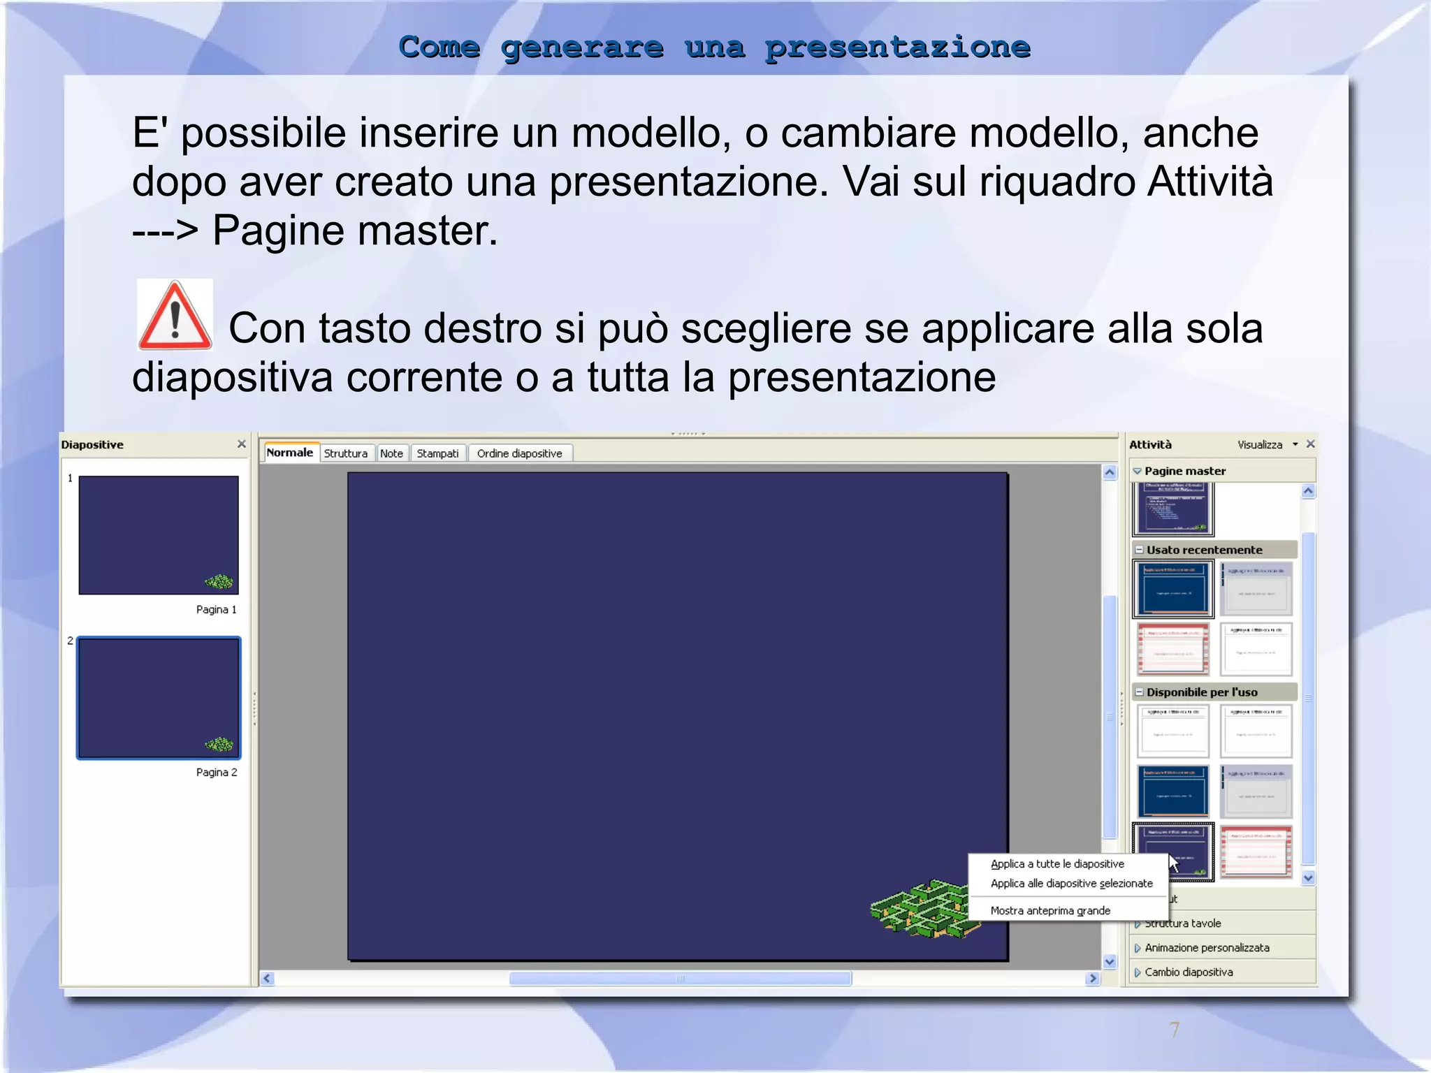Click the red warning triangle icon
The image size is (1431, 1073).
[x=175, y=316]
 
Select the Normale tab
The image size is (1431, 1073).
[x=290, y=453]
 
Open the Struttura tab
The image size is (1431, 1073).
[x=346, y=453]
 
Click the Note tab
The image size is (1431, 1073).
[x=391, y=453]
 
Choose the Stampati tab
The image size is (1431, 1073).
[x=437, y=453]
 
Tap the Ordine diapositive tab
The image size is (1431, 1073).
[x=519, y=453]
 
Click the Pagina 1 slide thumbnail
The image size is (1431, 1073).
[x=159, y=535]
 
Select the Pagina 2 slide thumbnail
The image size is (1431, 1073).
[x=159, y=698]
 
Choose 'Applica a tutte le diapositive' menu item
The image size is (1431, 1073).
[x=1057, y=864]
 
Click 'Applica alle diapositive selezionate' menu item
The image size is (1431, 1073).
[x=1071, y=884]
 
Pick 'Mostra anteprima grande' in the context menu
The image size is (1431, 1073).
[x=1050, y=911]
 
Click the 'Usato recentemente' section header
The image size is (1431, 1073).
[x=1204, y=550]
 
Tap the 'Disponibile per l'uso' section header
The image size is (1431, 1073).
[x=1202, y=692]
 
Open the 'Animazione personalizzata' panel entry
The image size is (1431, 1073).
[x=1207, y=948]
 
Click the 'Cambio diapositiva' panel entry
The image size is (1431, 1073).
[x=1189, y=972]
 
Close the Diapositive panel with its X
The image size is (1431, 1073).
[x=242, y=444]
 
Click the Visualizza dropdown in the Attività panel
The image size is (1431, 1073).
[x=1267, y=445]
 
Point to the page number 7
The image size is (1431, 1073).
[x=1175, y=1029]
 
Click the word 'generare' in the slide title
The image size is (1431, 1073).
[x=582, y=48]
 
